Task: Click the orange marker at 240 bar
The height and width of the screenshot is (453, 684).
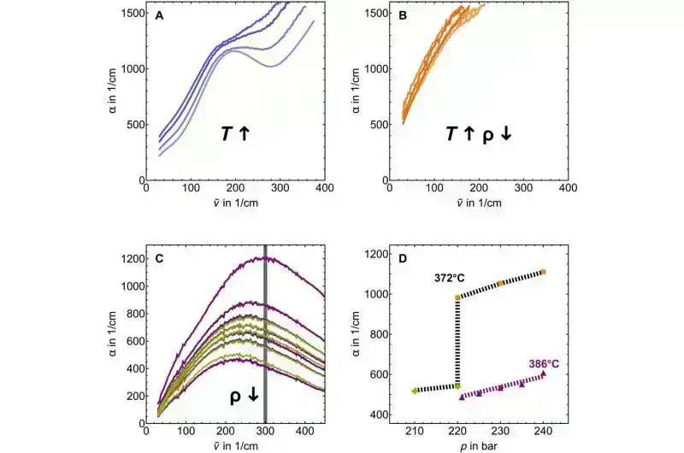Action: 543,272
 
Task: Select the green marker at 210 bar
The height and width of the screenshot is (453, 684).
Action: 415,391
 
